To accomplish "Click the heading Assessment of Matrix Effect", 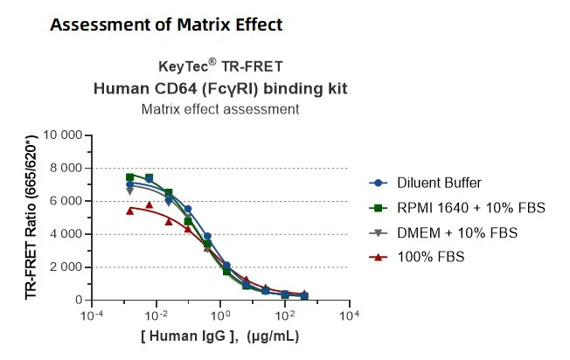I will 166,24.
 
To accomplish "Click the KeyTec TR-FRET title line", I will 220,66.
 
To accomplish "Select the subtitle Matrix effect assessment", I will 220,109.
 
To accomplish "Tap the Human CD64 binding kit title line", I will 220,88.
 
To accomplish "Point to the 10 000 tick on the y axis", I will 61,135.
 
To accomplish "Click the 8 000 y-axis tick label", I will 66,168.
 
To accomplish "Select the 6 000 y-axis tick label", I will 66,201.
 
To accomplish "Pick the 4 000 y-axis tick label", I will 66,234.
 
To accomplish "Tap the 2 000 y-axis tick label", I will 66,267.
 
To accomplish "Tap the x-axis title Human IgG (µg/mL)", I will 220,337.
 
